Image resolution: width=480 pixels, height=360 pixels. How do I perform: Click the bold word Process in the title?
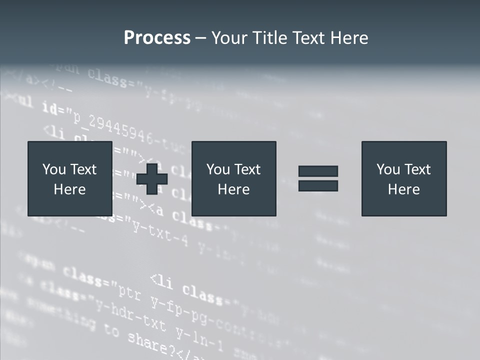(x=157, y=38)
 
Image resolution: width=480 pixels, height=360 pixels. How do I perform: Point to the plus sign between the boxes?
(x=152, y=178)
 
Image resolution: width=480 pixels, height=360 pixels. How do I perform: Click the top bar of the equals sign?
(x=318, y=171)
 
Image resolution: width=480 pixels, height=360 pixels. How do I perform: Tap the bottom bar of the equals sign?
(x=318, y=185)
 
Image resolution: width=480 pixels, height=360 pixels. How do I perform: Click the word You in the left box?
(x=54, y=169)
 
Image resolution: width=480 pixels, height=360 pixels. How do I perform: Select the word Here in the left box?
(x=69, y=189)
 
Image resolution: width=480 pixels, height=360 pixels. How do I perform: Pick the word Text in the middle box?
(x=247, y=169)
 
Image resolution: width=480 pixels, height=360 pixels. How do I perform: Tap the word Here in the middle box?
(x=233, y=189)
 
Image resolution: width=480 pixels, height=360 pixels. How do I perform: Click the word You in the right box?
(x=388, y=169)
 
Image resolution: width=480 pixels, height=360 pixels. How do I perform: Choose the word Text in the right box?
(x=417, y=169)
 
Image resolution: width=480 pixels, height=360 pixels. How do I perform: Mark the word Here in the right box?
(x=403, y=189)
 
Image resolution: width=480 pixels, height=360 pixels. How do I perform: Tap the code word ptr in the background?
(x=129, y=292)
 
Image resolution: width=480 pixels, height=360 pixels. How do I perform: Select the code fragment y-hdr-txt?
(x=131, y=315)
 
